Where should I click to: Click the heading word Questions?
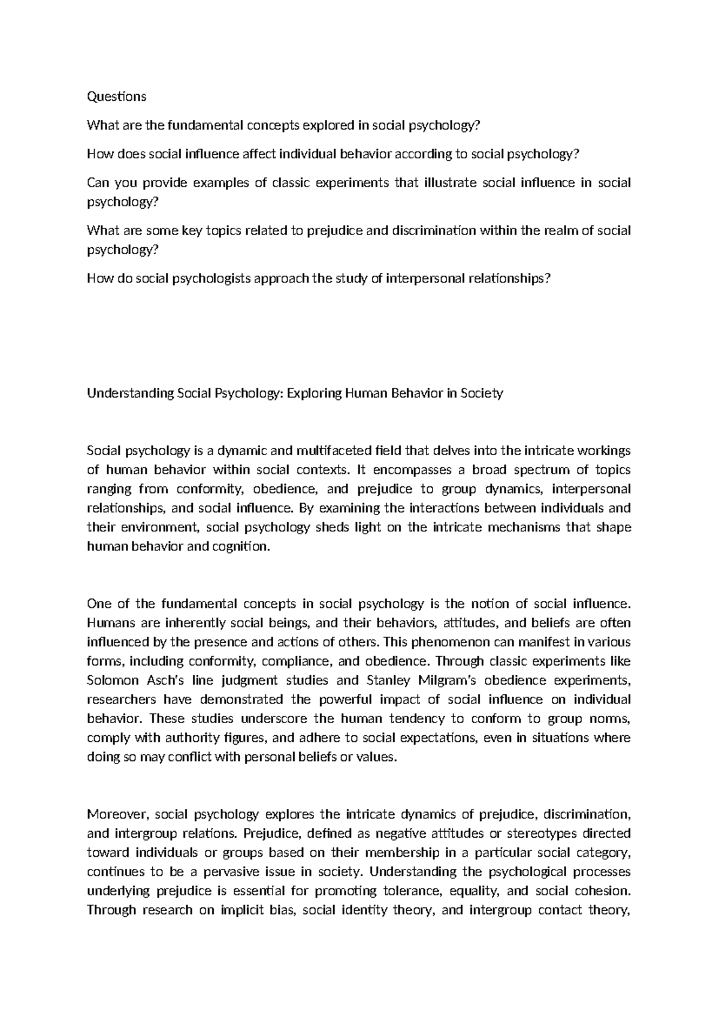pos(116,96)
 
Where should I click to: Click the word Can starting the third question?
pos(96,183)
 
